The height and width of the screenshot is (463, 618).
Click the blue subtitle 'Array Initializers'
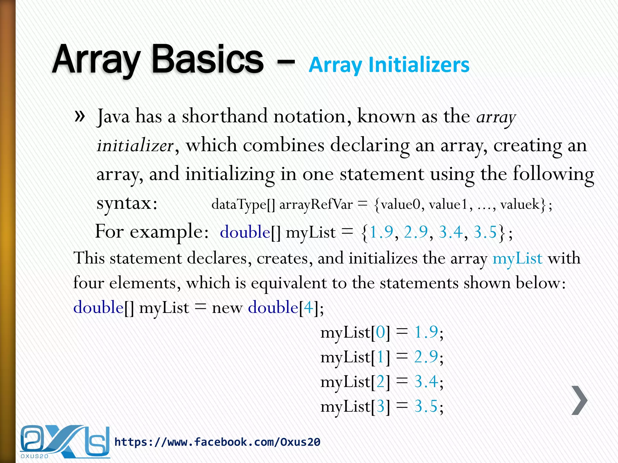click(x=389, y=65)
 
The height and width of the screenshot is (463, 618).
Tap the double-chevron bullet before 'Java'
click(x=79, y=116)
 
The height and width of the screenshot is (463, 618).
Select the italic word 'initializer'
click(x=135, y=146)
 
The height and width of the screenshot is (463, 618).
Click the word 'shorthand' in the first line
click(x=225, y=116)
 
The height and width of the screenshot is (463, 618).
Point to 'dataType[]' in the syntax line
click(x=243, y=205)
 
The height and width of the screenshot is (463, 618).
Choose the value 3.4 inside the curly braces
click(x=451, y=232)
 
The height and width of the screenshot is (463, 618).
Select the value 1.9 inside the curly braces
click(x=381, y=232)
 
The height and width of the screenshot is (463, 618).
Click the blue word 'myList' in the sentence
click(x=517, y=258)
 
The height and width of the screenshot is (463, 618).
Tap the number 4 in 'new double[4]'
click(x=308, y=307)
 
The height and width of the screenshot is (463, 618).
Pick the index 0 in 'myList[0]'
click(x=381, y=332)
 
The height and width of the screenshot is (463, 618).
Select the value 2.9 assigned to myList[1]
click(x=426, y=357)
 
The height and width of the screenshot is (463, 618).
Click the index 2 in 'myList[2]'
click(x=381, y=382)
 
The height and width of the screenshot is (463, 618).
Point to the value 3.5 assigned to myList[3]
click(x=426, y=407)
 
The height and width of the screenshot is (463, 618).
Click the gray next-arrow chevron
click(x=579, y=400)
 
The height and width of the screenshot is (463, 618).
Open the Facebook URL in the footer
click(x=217, y=442)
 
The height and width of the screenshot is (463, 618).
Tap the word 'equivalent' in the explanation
click(x=288, y=283)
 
